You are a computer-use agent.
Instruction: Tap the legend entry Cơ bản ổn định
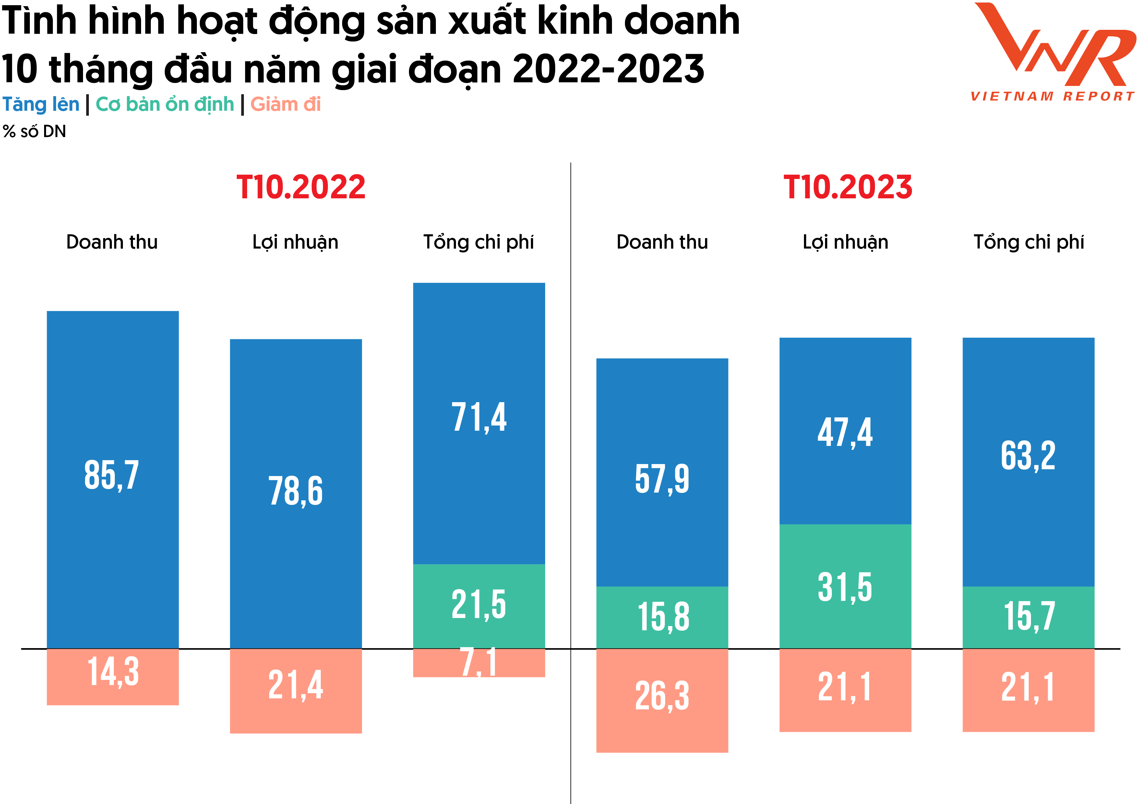click(164, 105)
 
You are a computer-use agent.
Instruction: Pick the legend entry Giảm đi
click(285, 105)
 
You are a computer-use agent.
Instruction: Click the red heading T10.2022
click(301, 187)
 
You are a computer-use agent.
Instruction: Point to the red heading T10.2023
click(847, 187)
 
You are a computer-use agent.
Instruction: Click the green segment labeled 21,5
click(479, 605)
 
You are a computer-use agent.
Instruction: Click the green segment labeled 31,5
click(845, 587)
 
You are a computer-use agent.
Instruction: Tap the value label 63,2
click(1028, 456)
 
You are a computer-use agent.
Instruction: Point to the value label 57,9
click(662, 479)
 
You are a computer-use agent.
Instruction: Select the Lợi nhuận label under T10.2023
click(845, 242)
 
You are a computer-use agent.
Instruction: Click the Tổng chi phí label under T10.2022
click(478, 242)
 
